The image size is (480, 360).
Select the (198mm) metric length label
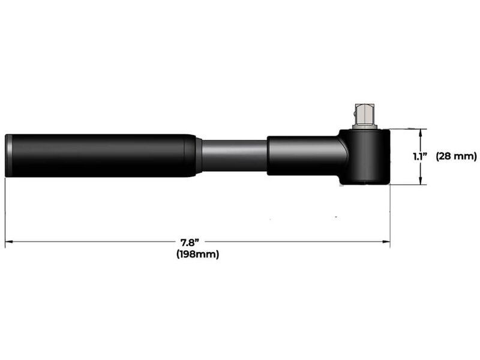tap(197, 254)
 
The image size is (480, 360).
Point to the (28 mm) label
tap(456, 157)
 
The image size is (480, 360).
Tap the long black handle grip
tap(99, 155)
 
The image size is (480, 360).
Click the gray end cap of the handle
tap(8, 155)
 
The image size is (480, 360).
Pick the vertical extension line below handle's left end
tap(5, 210)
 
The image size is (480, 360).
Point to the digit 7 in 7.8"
tap(184, 242)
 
